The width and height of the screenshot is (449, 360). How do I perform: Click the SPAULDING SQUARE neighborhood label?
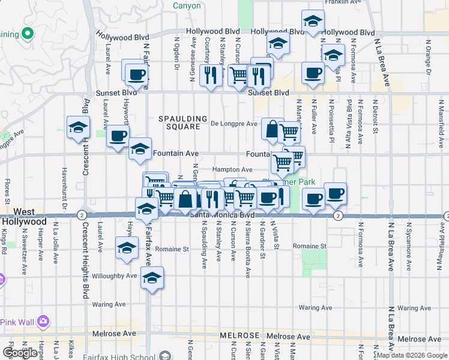point(183,123)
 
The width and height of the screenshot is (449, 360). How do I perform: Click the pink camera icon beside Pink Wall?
point(43,322)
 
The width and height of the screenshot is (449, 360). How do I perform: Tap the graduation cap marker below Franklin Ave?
point(312,22)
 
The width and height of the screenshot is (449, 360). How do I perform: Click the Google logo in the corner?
point(20,353)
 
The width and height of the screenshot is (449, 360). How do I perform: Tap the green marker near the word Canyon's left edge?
point(27,33)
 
